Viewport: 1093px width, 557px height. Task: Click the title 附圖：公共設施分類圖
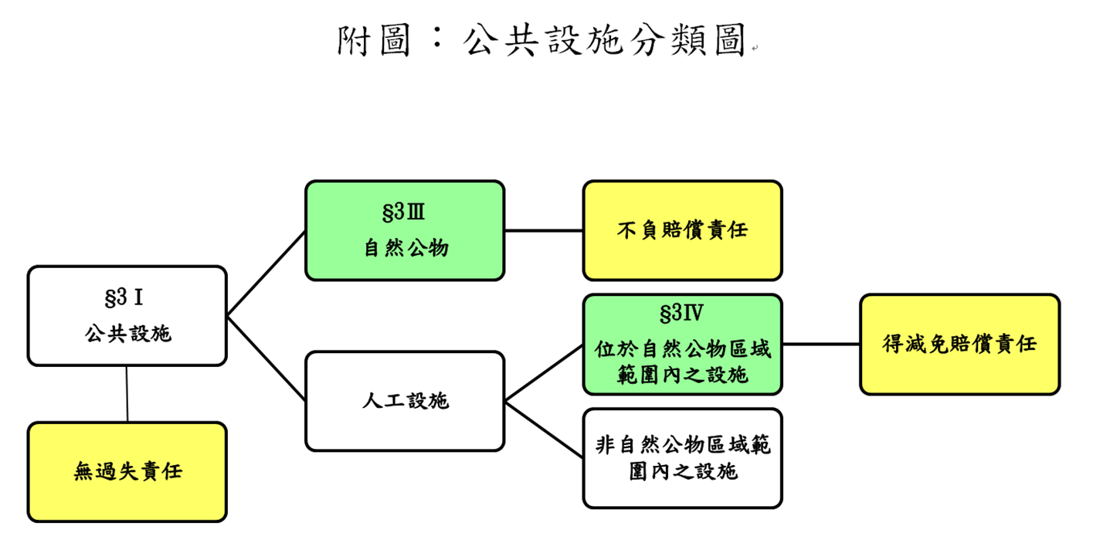coord(541,40)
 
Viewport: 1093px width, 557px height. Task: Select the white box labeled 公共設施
coord(127,316)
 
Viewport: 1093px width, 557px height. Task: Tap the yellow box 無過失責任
coord(127,471)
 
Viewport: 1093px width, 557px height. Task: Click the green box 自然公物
coord(405,230)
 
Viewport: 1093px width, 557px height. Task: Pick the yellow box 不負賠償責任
coord(682,230)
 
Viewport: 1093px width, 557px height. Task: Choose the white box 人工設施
coord(405,401)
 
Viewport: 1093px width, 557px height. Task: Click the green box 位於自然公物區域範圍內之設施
coord(682,345)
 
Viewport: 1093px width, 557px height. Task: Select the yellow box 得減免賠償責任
coord(959,345)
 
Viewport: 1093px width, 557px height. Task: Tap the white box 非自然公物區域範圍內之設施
coord(682,458)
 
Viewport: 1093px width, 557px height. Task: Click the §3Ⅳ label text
coord(682,314)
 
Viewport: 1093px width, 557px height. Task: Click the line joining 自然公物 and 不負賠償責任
coord(544,230)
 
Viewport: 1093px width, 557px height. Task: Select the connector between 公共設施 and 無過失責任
coord(127,394)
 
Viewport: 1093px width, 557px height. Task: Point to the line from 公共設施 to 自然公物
coord(266,273)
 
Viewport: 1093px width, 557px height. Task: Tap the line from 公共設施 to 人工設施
coord(266,358)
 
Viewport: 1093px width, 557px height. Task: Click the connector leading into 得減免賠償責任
coord(821,345)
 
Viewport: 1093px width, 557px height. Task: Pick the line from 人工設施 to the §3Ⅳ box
coord(544,373)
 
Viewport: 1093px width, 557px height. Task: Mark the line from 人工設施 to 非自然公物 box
coord(544,430)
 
